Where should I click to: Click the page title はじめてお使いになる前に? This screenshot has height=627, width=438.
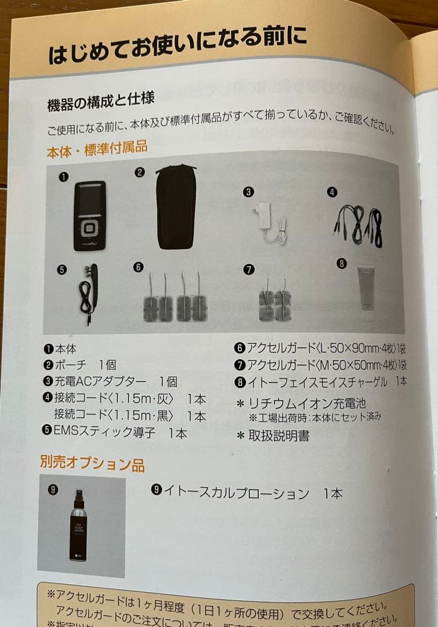(x=177, y=46)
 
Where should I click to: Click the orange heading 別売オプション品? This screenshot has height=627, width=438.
(x=92, y=463)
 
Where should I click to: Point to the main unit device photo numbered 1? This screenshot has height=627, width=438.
(x=90, y=215)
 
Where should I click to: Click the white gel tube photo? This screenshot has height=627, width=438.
(x=366, y=291)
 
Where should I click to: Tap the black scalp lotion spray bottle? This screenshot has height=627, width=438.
(x=78, y=525)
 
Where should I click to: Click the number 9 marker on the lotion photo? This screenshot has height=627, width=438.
(x=52, y=489)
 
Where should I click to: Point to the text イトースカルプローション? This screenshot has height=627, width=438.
(x=236, y=493)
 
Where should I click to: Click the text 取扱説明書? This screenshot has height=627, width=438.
(x=278, y=436)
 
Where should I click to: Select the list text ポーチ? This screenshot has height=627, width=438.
(x=71, y=365)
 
